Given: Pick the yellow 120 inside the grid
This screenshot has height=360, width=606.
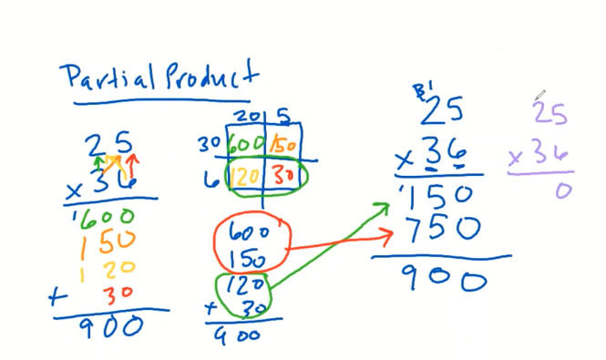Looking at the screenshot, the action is coord(243,175).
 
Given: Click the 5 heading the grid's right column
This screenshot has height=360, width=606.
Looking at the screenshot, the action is coord(284,117).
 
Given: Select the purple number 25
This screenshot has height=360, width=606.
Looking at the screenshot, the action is coord(550,113).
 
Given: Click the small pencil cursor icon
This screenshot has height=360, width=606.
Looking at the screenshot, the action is coord(539,94).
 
